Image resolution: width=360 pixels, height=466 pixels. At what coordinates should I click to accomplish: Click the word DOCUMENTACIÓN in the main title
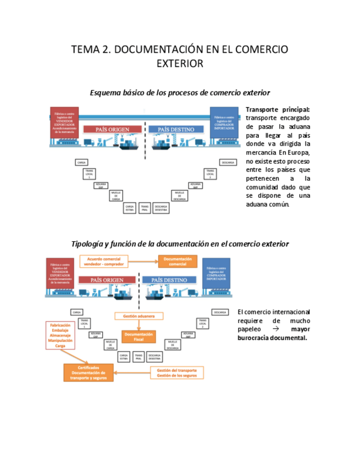(157, 49)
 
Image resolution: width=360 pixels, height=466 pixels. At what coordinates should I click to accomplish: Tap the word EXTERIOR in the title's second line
(180, 64)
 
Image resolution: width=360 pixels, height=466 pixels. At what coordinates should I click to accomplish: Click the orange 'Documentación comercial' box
(178, 262)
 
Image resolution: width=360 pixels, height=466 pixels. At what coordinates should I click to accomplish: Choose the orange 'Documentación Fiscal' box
(139, 336)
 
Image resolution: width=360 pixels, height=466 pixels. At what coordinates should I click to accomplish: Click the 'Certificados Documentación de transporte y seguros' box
(88, 373)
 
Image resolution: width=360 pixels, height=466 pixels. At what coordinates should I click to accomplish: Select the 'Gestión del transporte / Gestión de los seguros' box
(176, 373)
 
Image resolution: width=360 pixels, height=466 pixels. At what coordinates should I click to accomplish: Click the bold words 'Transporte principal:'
(278, 109)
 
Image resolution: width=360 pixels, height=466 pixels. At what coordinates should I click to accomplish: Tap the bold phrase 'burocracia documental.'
(272, 337)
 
